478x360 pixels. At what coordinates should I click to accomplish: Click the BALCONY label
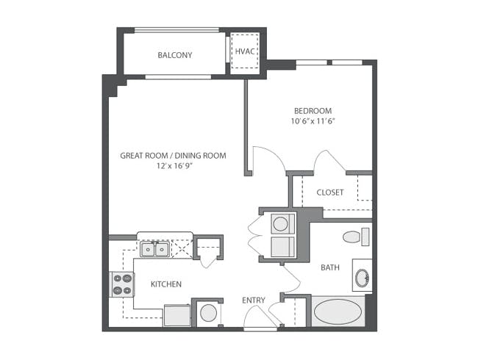pyautogui.click(x=174, y=55)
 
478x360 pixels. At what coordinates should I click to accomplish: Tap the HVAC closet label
pyautogui.click(x=243, y=51)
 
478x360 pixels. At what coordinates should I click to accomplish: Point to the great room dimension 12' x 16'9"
pyautogui.click(x=173, y=167)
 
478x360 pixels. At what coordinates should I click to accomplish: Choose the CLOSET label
pyautogui.click(x=329, y=192)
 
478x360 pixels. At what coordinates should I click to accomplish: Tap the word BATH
pyautogui.click(x=329, y=267)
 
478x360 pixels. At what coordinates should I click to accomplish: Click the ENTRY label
pyautogui.click(x=254, y=300)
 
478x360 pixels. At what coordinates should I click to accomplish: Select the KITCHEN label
pyautogui.click(x=166, y=284)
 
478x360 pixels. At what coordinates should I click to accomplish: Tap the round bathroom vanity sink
pyautogui.click(x=362, y=277)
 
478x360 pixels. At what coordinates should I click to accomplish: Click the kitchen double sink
pyautogui.click(x=155, y=250)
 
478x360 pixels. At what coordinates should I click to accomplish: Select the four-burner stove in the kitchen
pyautogui.click(x=122, y=284)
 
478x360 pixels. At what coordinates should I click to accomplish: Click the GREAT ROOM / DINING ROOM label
pyautogui.click(x=173, y=156)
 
